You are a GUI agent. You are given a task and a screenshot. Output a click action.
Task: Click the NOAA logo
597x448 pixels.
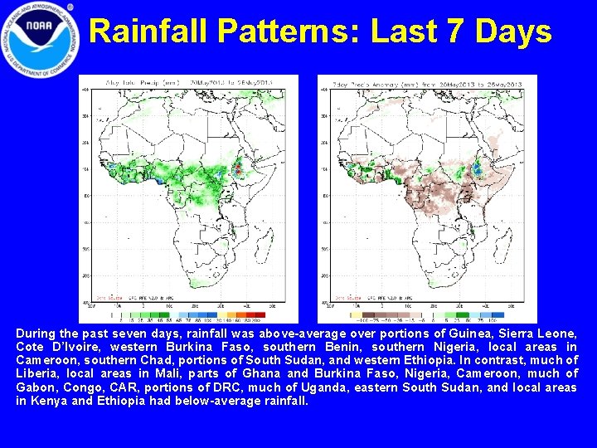tap(41, 39)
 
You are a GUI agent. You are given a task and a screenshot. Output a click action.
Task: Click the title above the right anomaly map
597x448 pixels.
tap(427, 82)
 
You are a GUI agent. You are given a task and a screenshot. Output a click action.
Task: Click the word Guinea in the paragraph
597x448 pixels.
tap(479, 334)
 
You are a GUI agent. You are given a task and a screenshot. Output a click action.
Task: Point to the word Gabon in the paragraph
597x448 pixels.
tap(36, 387)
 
